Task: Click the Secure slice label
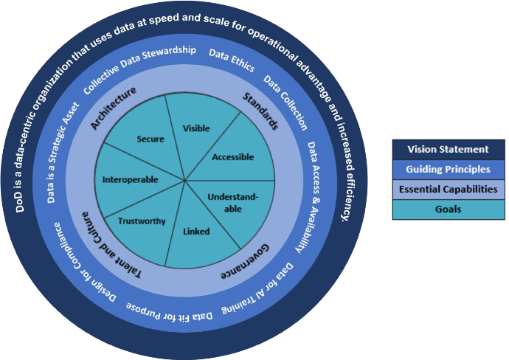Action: (x=150, y=138)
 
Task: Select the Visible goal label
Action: (x=195, y=128)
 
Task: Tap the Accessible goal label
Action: (x=232, y=157)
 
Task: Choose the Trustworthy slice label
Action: (x=142, y=221)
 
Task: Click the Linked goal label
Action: (x=195, y=232)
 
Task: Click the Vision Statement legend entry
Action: (x=449, y=149)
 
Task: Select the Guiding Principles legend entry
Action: (x=449, y=169)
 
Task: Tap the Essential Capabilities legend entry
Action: (x=449, y=189)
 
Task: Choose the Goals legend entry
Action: (x=449, y=209)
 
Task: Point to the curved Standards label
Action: (x=260, y=111)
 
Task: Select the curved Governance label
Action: (x=246, y=260)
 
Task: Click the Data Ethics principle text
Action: (x=232, y=60)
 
